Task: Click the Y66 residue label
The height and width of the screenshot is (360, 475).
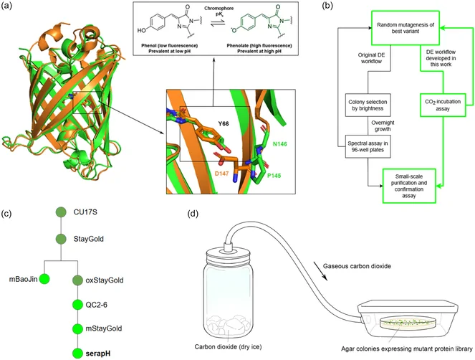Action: pyautogui.click(x=224, y=124)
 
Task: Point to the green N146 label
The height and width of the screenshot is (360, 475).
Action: pyautogui.click(x=279, y=144)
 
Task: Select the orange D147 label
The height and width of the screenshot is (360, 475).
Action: pyautogui.click(x=221, y=174)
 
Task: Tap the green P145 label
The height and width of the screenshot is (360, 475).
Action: pyautogui.click(x=274, y=176)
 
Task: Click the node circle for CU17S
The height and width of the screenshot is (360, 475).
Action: pyautogui.click(x=61, y=212)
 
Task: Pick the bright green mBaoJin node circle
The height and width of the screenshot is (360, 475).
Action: pyautogui.click(x=44, y=279)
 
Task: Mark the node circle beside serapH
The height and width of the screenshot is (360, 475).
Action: pyautogui.click(x=78, y=354)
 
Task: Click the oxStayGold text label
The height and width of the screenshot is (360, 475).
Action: pyautogui.click(x=105, y=280)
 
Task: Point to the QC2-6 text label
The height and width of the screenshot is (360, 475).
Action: pyautogui.click(x=97, y=305)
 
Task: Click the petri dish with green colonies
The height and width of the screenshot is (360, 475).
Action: pyautogui.click(x=401, y=323)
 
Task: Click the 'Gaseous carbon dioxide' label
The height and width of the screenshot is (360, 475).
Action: pyautogui.click(x=357, y=266)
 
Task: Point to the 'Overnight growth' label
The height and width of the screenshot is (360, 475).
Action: pyautogui.click(x=383, y=126)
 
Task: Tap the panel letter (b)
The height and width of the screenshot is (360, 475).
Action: pyautogui.click(x=327, y=6)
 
